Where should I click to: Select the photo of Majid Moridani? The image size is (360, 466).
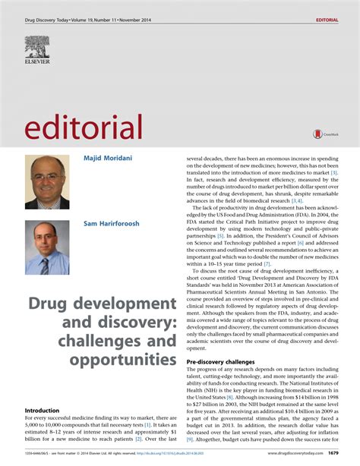[47, 182]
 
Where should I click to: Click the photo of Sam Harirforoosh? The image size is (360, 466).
[47, 247]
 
